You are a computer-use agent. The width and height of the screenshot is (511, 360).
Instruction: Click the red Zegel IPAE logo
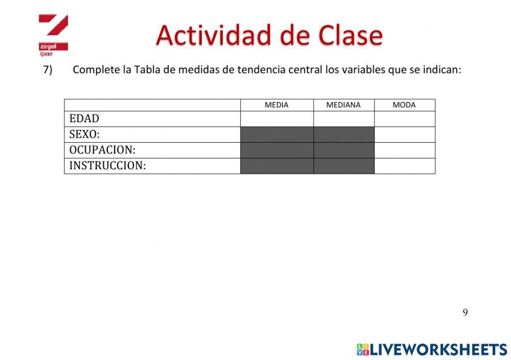[x=53, y=34]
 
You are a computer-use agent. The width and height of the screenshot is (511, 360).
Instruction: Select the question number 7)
[x=48, y=70]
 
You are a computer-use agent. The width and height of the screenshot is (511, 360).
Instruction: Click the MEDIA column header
[x=276, y=105]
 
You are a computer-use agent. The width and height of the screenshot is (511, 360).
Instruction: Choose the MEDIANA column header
[x=343, y=105]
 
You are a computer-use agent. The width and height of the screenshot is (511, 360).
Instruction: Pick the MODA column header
[x=404, y=105]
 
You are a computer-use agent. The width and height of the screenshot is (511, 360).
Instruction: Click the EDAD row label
[x=84, y=119]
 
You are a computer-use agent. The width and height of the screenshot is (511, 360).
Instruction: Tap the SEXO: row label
[x=84, y=134]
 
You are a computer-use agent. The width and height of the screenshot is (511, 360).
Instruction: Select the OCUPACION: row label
[x=102, y=150]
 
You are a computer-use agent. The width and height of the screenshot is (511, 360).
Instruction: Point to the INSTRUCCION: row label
[x=107, y=166]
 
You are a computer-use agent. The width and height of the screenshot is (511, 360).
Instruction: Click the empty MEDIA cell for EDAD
[x=276, y=119]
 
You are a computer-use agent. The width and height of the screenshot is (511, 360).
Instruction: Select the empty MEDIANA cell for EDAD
[x=343, y=119]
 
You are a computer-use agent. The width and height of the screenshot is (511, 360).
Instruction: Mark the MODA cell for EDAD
[x=404, y=119]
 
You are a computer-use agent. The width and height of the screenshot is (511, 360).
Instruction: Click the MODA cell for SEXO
[x=404, y=134]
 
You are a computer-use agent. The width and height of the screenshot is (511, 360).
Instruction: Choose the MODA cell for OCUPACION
[x=404, y=150]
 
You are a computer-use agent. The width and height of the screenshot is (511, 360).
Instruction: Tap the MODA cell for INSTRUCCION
[x=404, y=166]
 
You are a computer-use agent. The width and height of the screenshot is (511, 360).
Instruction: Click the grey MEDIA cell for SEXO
[x=276, y=134]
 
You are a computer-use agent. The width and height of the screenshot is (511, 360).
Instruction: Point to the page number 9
[x=465, y=312]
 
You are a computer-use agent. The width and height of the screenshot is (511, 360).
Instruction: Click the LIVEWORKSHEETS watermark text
[x=438, y=350]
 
